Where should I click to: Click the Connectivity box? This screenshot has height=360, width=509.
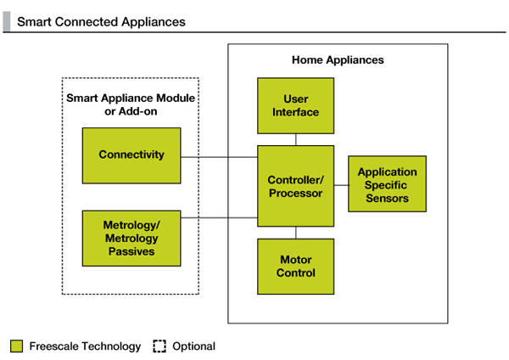click(x=131, y=155)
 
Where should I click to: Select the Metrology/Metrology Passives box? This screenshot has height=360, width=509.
click(x=131, y=239)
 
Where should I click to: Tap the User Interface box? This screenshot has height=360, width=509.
click(x=296, y=105)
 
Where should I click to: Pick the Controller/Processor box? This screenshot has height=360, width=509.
click(x=296, y=186)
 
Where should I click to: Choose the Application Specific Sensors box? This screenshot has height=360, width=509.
click(x=388, y=184)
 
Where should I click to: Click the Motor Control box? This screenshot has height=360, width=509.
click(x=296, y=267)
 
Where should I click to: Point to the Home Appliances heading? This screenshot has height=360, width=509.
click(x=338, y=59)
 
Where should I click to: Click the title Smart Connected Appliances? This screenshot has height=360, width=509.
click(x=101, y=22)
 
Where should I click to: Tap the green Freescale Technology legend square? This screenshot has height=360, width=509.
click(x=17, y=346)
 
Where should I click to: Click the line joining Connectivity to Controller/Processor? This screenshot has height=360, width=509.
click(x=219, y=157)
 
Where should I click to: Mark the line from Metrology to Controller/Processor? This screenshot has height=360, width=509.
click(x=219, y=217)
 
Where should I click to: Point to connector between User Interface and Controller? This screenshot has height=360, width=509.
click(x=296, y=140)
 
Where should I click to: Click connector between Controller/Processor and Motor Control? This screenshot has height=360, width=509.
click(x=296, y=233)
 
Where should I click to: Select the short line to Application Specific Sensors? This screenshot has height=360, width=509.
click(x=341, y=185)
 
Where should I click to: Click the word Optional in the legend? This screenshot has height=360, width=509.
click(x=193, y=346)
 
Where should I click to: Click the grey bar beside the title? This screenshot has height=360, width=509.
click(x=7, y=21)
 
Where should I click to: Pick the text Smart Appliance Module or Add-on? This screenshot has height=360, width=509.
click(x=131, y=104)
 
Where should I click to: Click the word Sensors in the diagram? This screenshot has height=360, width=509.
click(x=388, y=198)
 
